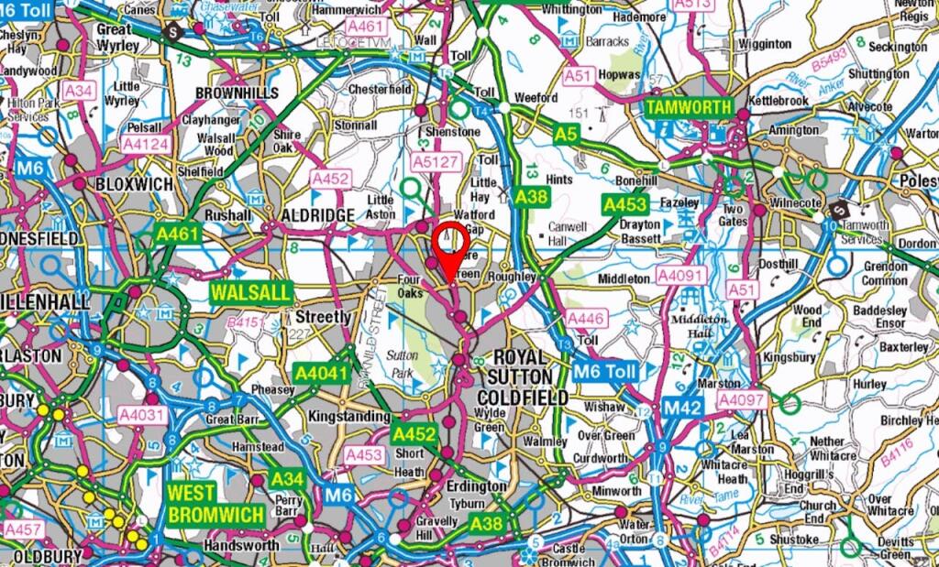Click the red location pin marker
pyautogui.click(x=449, y=244)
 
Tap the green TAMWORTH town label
pyautogui.click(x=689, y=107)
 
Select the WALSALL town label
pyautogui.click(x=252, y=293)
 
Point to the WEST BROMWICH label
pyautogui.click(x=215, y=503)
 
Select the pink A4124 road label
pyautogui.click(x=146, y=144)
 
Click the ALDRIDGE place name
pyautogui.click(x=317, y=213)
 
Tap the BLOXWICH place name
pyautogui.click(x=134, y=184)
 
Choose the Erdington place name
pyautogui.click(x=476, y=485)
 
